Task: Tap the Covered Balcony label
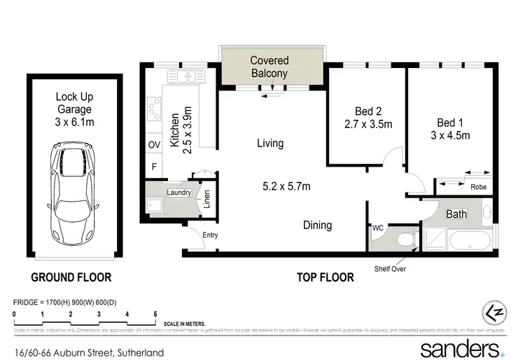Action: [x=269, y=67]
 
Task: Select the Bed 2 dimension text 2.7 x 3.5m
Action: [x=367, y=125]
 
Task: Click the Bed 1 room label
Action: [x=449, y=120]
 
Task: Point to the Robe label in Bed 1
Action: [x=478, y=187]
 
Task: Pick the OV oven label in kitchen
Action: [x=154, y=145]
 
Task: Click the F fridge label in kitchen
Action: [x=154, y=167]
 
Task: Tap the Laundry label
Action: [x=178, y=192]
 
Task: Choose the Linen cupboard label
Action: [x=206, y=199]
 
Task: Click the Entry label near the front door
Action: [x=210, y=235]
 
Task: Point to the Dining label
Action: [x=317, y=226]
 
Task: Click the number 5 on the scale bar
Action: [x=155, y=314]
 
